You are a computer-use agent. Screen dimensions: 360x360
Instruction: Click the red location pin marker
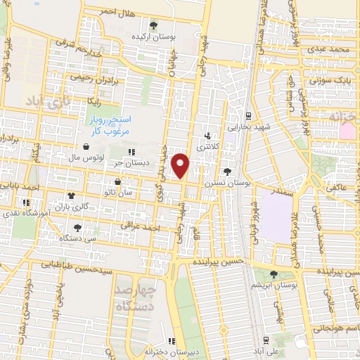point(181,165)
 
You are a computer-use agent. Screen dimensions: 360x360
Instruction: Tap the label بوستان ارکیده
point(155,35)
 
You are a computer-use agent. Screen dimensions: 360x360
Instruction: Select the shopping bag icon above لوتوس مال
point(85,147)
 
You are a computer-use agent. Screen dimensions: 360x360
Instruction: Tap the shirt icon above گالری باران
point(70,196)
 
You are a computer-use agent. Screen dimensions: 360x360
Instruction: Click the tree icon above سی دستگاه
point(77,226)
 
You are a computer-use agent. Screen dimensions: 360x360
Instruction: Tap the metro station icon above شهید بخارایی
point(248,117)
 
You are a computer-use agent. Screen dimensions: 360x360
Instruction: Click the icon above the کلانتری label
point(206,136)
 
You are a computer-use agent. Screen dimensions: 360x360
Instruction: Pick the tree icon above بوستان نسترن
point(226,171)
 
